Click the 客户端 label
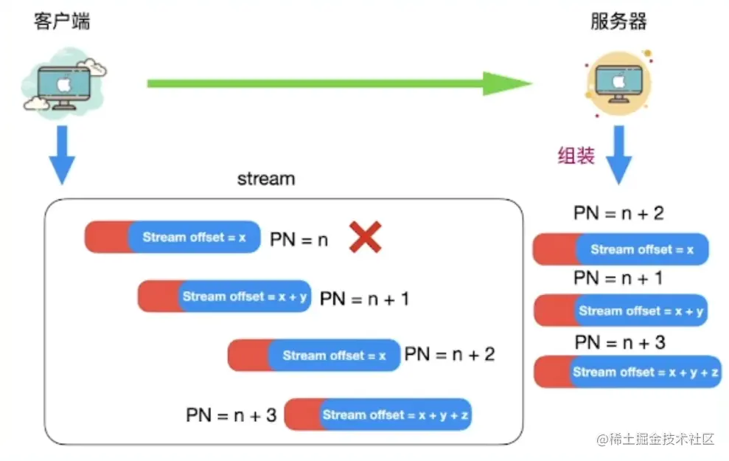pos(62,21)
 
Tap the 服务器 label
pos(618,21)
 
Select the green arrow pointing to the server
pos(339,84)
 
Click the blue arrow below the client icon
pos(62,155)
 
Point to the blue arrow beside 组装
pos(619,155)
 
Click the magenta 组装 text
pos(576,156)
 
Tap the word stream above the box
pos(266,178)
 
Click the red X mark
pos(366,238)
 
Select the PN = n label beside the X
pos(299,240)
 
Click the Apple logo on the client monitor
pos(63,85)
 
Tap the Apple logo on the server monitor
pos(619,82)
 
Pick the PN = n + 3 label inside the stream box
pos(231,415)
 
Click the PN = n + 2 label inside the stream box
pos(450,355)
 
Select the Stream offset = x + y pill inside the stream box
pos(225,297)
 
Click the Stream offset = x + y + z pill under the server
pos(627,372)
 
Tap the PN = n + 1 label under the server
pos(618,278)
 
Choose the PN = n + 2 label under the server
pos(619,213)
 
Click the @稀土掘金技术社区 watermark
pos(655,439)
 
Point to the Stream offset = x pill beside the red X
pos(172,238)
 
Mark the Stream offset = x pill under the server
pos(621,249)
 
